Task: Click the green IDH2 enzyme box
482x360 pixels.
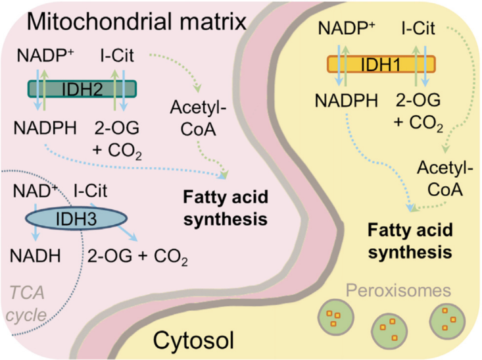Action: click(82, 89)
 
